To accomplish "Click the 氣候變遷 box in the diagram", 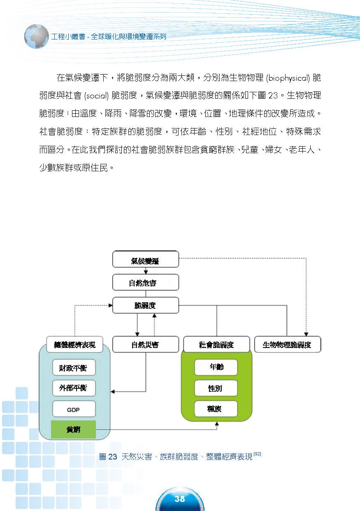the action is pyautogui.click(x=146, y=259).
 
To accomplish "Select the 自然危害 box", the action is pyautogui.click(x=146, y=282).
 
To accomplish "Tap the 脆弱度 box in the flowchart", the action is pyautogui.click(x=146, y=305).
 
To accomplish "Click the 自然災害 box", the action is pyautogui.click(x=146, y=345).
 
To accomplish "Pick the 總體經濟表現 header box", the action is pyautogui.click(x=75, y=345).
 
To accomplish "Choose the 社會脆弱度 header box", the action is pyautogui.click(x=216, y=345).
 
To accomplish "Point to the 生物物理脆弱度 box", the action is pyautogui.click(x=288, y=345).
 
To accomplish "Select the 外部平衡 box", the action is pyautogui.click(x=74, y=388).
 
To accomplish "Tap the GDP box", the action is pyautogui.click(x=74, y=409).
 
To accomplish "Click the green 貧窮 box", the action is pyautogui.click(x=73, y=429).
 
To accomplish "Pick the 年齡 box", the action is pyautogui.click(x=216, y=367).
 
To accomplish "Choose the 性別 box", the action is pyautogui.click(x=216, y=388).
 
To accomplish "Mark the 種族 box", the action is pyautogui.click(x=216, y=409).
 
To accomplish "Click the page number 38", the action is pyautogui.click(x=180, y=499).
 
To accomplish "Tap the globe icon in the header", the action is pyautogui.click(x=37, y=37).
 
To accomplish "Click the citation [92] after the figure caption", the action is pyautogui.click(x=258, y=454).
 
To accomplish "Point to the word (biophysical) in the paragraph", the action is pyautogui.click(x=288, y=78).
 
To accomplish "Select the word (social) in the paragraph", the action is pyautogui.click(x=96, y=96).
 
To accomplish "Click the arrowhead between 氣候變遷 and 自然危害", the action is pyautogui.click(x=146, y=272).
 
